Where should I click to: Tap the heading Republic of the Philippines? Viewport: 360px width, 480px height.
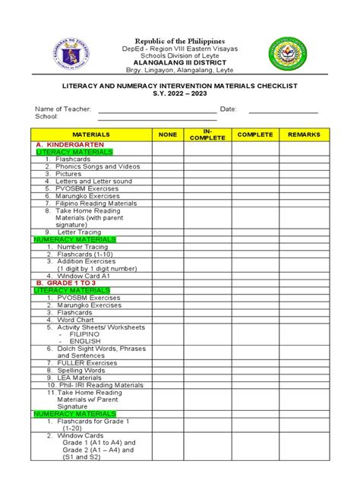[180, 39]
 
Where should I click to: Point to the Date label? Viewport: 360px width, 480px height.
[229, 109]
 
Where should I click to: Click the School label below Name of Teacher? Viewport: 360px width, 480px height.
[47, 118]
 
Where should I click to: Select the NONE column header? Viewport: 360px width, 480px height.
[167, 134]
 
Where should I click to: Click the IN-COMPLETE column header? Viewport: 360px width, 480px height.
[207, 134]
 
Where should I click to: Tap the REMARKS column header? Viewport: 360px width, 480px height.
[304, 134]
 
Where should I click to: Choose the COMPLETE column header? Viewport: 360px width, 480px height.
[255, 134]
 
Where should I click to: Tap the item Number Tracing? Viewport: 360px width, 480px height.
[76, 247]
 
